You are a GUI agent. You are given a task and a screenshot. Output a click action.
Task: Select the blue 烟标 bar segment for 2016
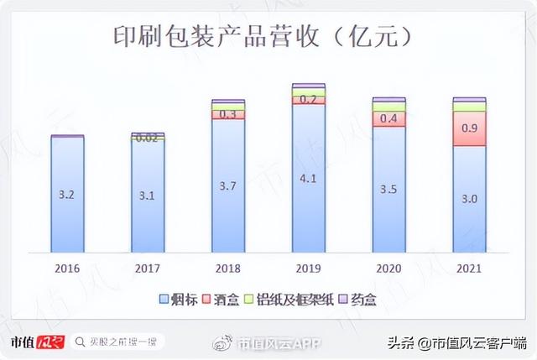67,195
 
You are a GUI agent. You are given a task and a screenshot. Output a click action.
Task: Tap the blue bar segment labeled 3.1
148,196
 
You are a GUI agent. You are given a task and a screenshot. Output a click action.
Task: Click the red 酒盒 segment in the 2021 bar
469,129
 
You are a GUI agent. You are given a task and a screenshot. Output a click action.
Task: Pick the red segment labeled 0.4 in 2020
388,119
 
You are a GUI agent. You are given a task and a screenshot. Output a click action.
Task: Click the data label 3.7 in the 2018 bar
228,185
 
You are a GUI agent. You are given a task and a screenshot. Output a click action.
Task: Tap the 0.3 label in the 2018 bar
228,114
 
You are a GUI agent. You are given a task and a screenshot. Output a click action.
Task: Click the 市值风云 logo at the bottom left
35,342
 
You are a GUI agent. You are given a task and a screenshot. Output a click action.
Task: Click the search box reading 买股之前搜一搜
118,342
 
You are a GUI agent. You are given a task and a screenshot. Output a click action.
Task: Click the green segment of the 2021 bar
469,107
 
